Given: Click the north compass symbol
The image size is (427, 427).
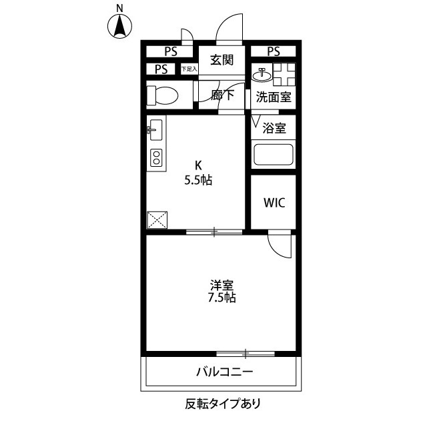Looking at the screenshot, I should tap(120, 27).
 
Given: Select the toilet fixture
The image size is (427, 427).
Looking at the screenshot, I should tap(162, 95).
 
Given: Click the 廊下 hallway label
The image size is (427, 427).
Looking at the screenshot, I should tap(222, 95).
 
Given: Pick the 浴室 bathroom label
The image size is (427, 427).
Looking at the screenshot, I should tap(274, 127).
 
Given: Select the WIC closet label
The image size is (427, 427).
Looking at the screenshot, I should tap(274, 203).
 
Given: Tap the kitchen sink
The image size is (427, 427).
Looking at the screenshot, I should tap(154, 131).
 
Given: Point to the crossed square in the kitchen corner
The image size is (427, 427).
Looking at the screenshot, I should tap(158, 220).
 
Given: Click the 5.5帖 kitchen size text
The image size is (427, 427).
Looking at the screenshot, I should tap(198, 179).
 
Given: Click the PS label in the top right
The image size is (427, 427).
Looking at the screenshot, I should tap(274, 51).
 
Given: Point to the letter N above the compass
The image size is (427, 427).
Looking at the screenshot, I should tap(120, 7).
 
